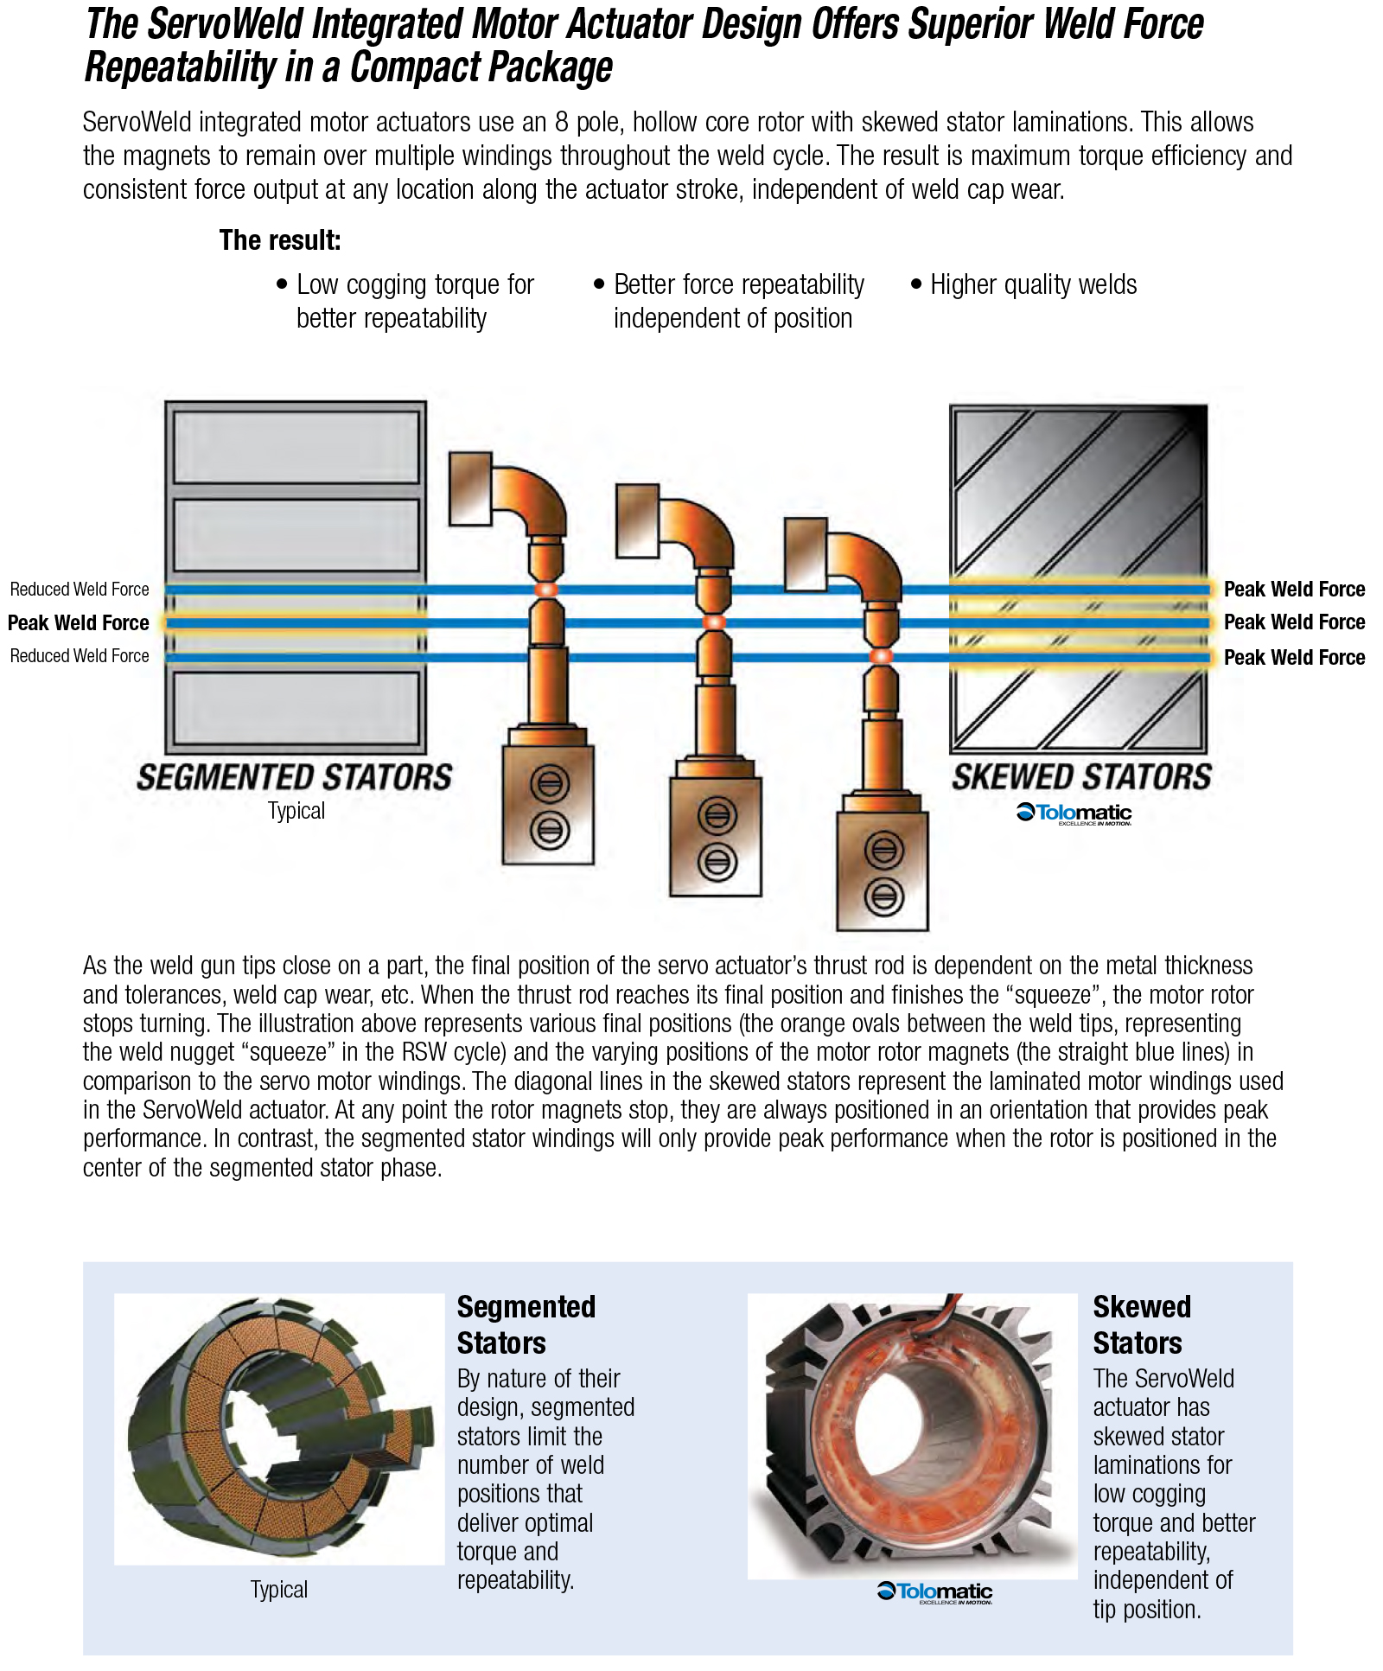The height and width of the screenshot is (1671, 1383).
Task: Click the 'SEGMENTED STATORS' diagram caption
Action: [x=294, y=777]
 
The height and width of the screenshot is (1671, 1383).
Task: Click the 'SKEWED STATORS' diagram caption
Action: [x=1081, y=777]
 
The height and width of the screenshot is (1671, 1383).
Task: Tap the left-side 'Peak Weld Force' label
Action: [x=79, y=622]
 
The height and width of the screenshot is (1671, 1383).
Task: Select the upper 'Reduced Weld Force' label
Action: [x=80, y=590]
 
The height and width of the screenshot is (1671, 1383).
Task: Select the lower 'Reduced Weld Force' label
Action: [x=80, y=656]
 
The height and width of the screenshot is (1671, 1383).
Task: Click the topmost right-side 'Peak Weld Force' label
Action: [x=1294, y=590]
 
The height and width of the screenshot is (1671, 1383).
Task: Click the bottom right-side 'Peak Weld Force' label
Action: [x=1294, y=657]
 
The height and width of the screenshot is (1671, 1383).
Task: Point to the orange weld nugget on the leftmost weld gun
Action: [x=546, y=590]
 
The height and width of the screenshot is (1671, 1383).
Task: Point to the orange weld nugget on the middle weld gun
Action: [x=714, y=622]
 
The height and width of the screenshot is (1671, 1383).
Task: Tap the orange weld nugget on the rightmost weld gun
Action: [x=881, y=656]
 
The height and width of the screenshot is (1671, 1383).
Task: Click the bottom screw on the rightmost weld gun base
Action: [x=883, y=896]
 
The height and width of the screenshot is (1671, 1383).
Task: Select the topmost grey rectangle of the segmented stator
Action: [x=296, y=447]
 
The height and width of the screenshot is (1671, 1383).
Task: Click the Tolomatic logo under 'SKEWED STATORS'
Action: [x=1074, y=813]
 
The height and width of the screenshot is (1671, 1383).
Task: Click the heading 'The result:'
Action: [x=280, y=240]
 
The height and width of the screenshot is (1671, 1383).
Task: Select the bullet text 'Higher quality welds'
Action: [x=1033, y=284]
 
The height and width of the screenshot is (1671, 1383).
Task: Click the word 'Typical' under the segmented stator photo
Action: [x=278, y=1589]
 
